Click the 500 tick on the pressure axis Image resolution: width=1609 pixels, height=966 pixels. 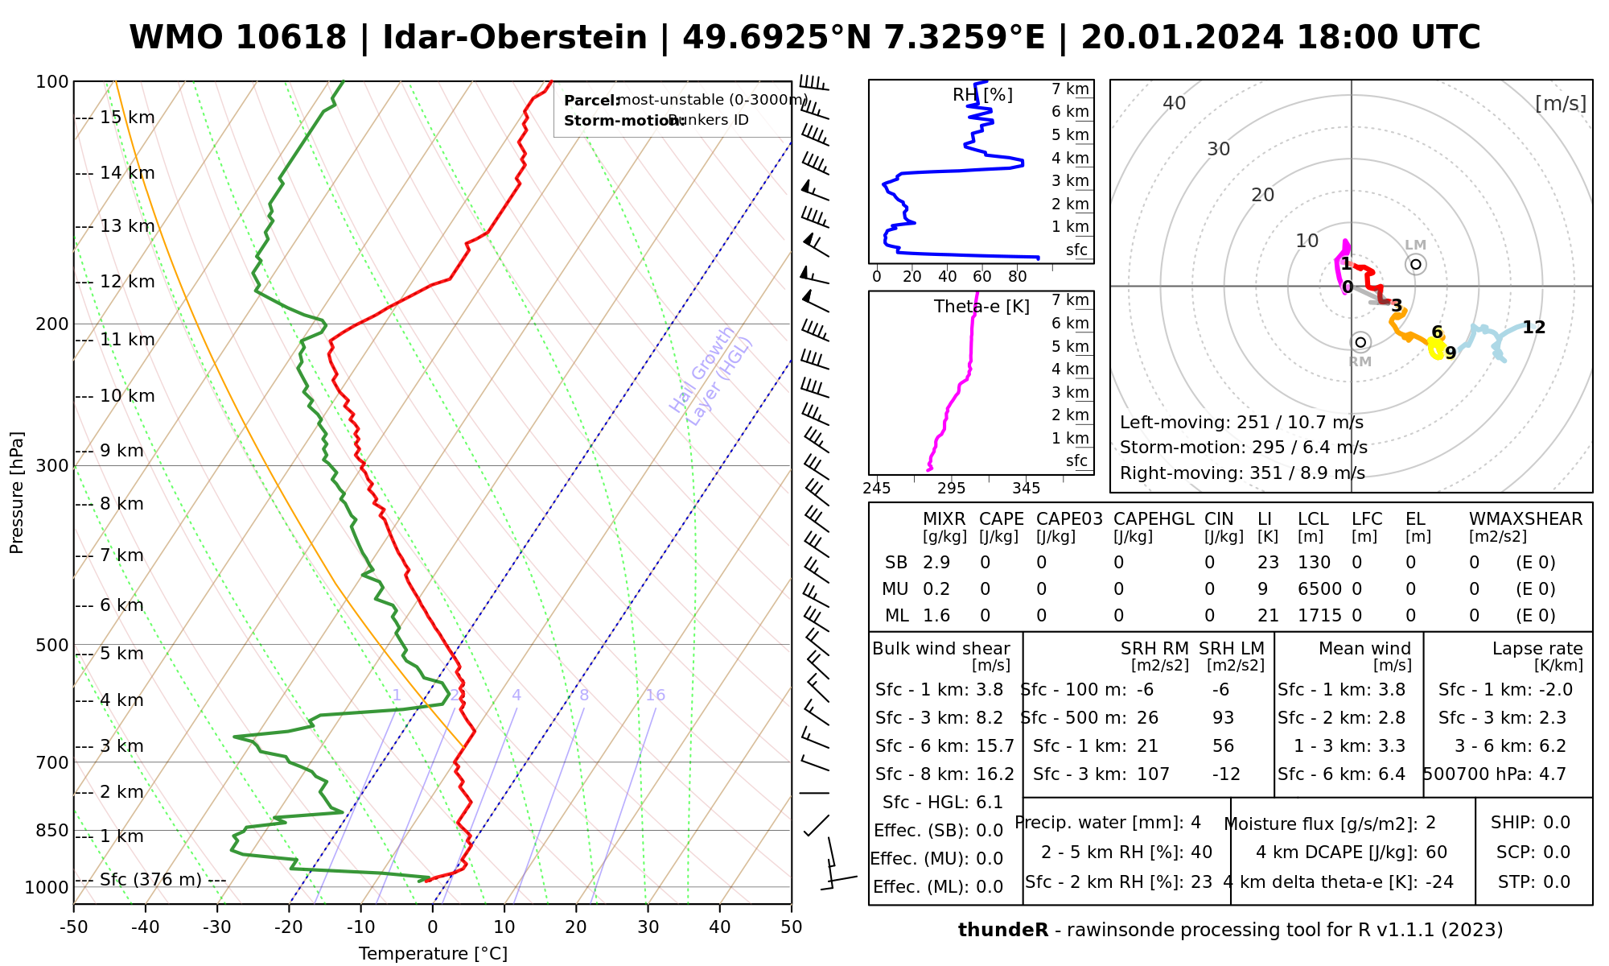coord(53,646)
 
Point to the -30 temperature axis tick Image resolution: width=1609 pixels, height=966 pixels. coord(217,927)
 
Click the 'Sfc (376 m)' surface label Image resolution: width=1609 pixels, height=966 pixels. coord(151,880)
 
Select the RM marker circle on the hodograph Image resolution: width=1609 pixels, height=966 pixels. coord(1360,342)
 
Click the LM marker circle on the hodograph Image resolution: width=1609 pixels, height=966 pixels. coord(1416,264)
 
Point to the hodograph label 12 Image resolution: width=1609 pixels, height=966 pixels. coord(1533,328)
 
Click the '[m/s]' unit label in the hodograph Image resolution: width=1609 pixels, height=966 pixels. coord(1560,104)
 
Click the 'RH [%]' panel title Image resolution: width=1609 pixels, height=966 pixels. coord(982,95)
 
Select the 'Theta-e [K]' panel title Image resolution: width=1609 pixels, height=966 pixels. coord(981,307)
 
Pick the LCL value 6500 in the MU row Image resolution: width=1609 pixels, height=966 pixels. coord(1319,589)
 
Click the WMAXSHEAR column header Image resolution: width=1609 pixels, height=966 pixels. coord(1525,519)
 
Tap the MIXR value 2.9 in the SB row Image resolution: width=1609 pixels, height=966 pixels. coord(936,563)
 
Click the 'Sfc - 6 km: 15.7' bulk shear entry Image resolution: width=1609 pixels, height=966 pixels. coord(944,746)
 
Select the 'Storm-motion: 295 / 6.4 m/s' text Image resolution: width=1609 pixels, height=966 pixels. coord(1243,448)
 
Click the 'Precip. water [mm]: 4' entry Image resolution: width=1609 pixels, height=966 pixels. coord(1108,823)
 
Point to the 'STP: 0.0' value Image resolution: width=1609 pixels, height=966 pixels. coord(1533,882)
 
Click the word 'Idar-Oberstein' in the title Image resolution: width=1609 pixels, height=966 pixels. coord(515,38)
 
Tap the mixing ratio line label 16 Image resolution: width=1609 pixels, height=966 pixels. coord(655,696)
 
